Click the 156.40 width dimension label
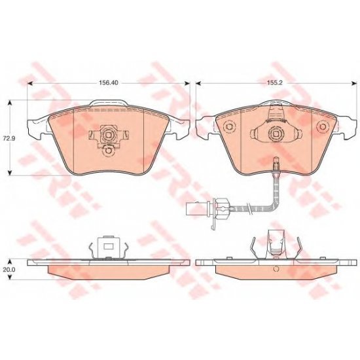pos(109,82)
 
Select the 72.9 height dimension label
pos(8,139)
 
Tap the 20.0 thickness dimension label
pos(9,270)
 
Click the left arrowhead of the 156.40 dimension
pos(30,83)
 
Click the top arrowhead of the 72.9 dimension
pos(10,103)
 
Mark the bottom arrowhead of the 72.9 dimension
pos(10,173)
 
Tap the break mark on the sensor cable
pos(247,207)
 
